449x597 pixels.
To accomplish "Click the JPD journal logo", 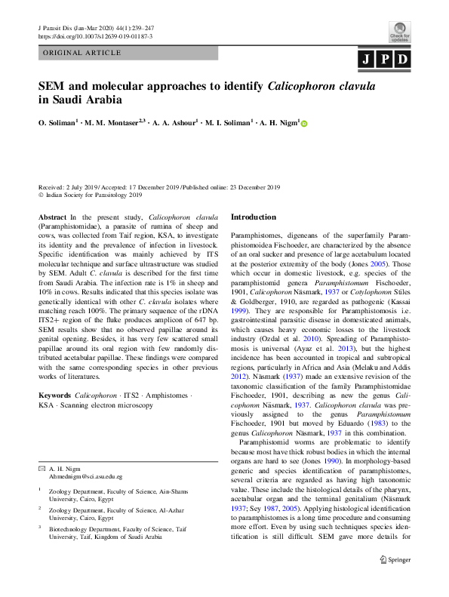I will tap(385, 60).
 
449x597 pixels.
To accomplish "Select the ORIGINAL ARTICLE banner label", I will tap(83, 54).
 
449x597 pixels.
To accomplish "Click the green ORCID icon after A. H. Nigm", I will tap(305, 123).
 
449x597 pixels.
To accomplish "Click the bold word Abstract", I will tap(52, 217).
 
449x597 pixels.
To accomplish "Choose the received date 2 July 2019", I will tap(91, 186).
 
